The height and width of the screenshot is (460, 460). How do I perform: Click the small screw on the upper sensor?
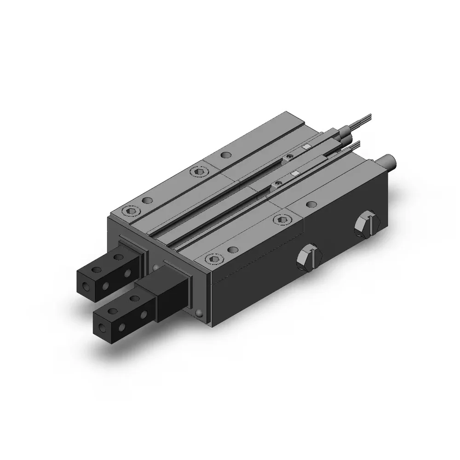288,158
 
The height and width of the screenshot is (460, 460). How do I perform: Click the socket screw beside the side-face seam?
280,219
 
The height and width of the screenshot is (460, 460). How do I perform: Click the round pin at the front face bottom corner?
199,313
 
